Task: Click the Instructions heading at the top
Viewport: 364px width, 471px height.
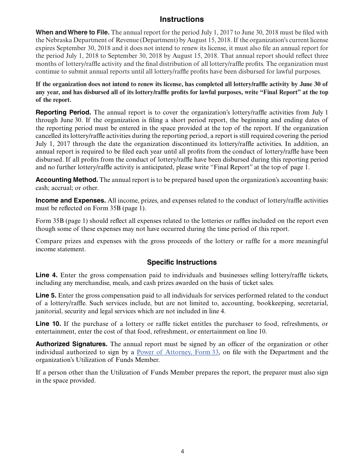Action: point(182,19)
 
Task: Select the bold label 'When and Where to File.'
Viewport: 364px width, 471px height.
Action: point(72,33)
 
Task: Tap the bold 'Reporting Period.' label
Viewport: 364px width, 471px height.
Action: point(63,113)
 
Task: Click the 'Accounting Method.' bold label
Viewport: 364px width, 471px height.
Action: point(67,180)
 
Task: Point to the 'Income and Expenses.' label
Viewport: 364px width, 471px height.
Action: point(71,201)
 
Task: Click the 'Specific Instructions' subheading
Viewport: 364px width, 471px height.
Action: point(182,262)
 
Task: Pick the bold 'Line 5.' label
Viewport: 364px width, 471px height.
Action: point(46,296)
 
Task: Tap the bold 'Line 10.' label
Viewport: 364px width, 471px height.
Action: point(48,324)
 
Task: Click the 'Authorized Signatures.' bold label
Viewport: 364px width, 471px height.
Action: point(72,344)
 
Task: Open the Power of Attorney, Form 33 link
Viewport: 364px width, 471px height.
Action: point(177,352)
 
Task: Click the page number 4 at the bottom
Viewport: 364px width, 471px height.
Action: point(182,451)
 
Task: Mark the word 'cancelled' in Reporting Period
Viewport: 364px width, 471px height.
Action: point(50,136)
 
